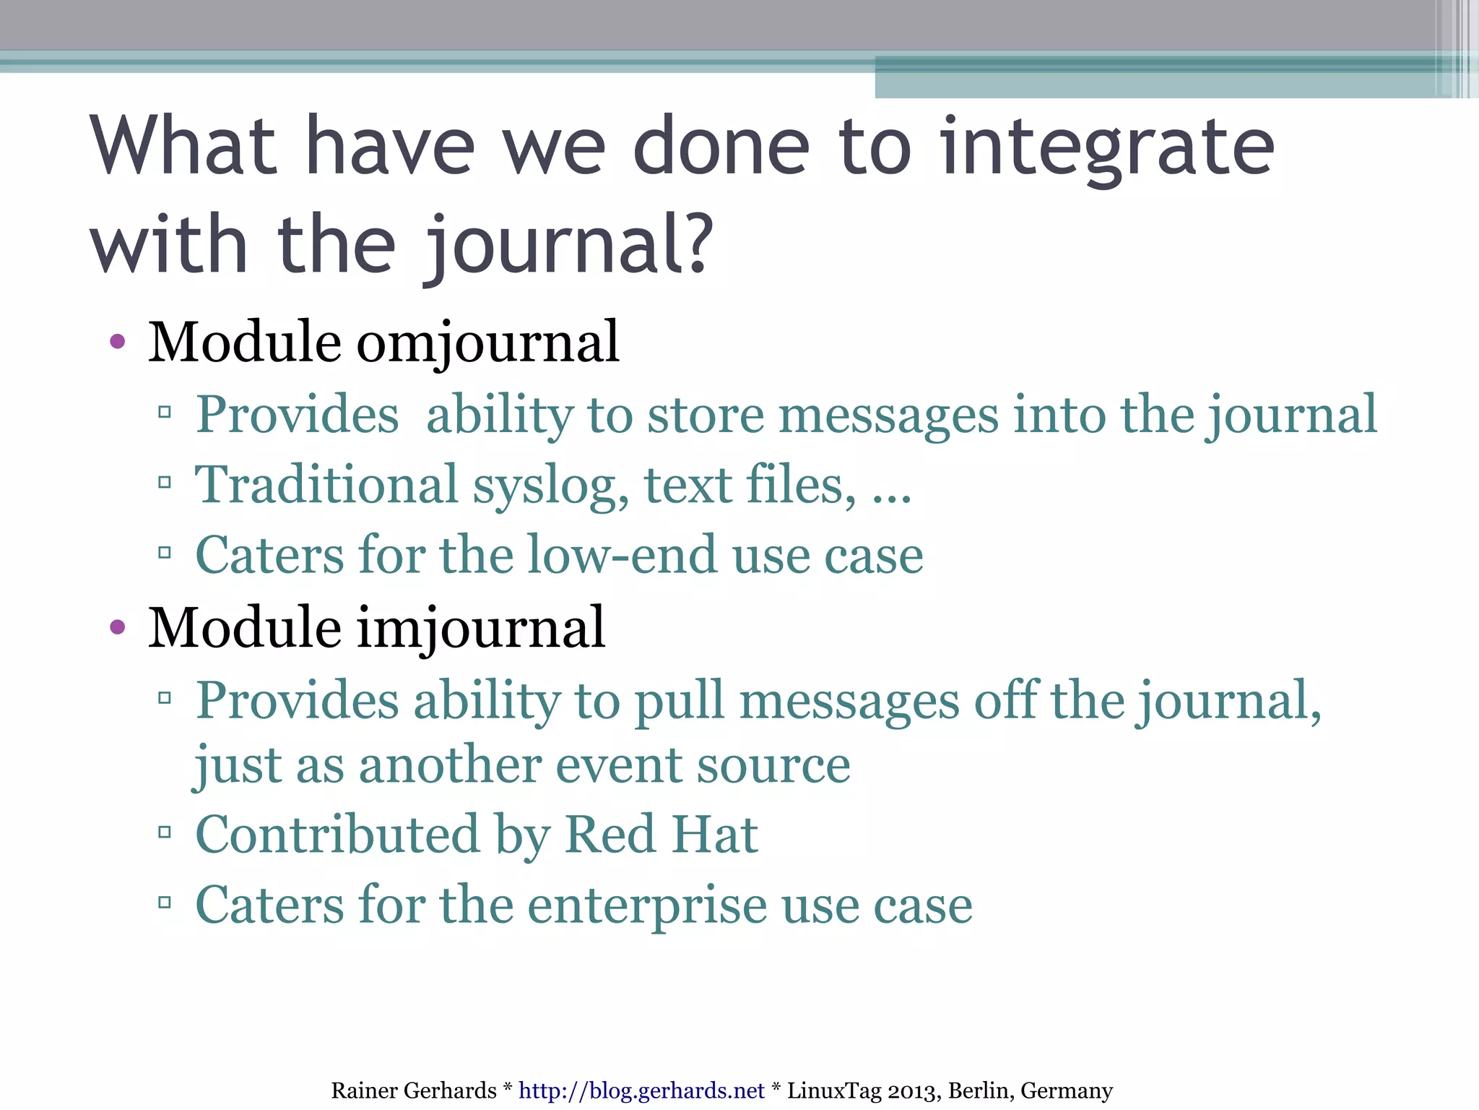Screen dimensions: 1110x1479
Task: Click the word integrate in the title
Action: [1109, 148]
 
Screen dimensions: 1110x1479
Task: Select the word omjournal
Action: [488, 343]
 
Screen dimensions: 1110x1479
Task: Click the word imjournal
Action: [481, 628]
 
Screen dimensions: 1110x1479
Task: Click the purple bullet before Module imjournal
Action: [118, 627]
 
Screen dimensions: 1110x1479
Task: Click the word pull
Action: [679, 700]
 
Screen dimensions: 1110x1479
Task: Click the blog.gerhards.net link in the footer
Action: [641, 1090]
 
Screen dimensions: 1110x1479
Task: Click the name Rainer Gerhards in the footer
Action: [414, 1090]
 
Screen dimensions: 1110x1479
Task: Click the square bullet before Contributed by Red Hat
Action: [165, 833]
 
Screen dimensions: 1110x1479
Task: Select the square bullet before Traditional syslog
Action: [165, 482]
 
